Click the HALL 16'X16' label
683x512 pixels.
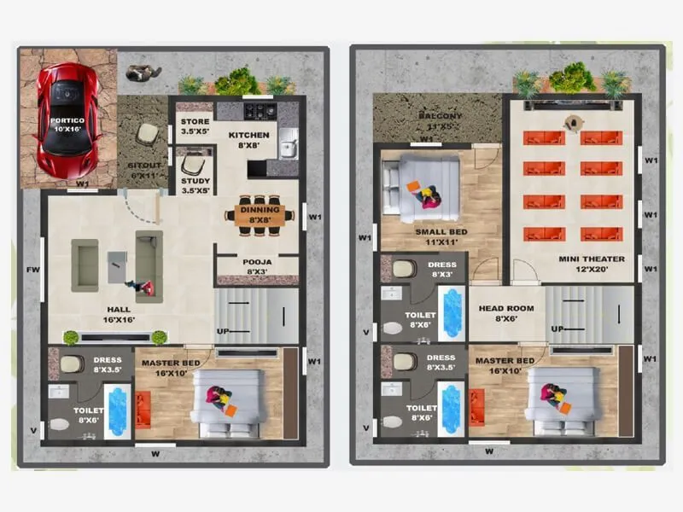point(120,314)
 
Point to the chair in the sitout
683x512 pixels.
point(148,133)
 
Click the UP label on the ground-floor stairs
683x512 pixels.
point(223,329)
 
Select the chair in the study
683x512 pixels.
point(194,163)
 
